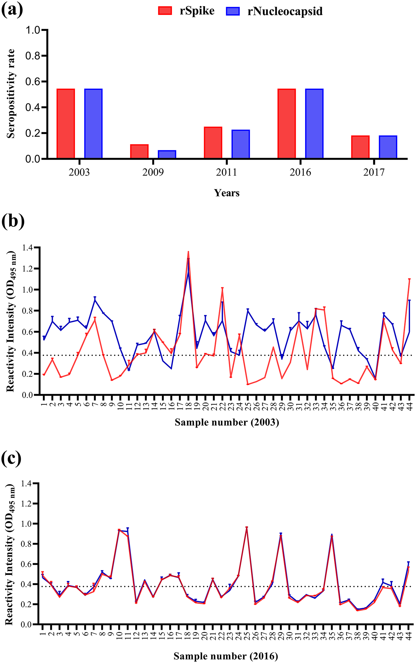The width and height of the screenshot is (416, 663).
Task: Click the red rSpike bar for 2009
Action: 139,151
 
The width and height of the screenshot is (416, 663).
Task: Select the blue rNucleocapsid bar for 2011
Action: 241,144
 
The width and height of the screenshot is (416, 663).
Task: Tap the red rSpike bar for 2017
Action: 360,147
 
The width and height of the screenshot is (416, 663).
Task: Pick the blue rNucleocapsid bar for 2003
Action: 94,124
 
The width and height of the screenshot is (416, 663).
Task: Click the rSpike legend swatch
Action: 165,11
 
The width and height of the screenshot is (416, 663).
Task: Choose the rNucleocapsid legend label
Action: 285,12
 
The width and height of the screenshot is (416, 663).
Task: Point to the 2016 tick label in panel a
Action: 300,172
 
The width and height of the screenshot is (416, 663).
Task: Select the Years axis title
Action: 227,193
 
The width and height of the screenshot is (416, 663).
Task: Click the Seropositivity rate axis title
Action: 11,93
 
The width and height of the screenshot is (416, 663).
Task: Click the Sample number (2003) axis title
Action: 227,422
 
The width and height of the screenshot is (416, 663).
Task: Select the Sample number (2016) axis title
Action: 226,656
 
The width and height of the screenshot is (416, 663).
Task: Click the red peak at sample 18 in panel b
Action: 188,252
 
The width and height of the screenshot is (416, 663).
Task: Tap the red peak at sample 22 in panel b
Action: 222,288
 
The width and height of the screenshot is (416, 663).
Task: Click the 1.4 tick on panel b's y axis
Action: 28,248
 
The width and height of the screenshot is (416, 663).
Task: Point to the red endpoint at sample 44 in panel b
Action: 409,279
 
